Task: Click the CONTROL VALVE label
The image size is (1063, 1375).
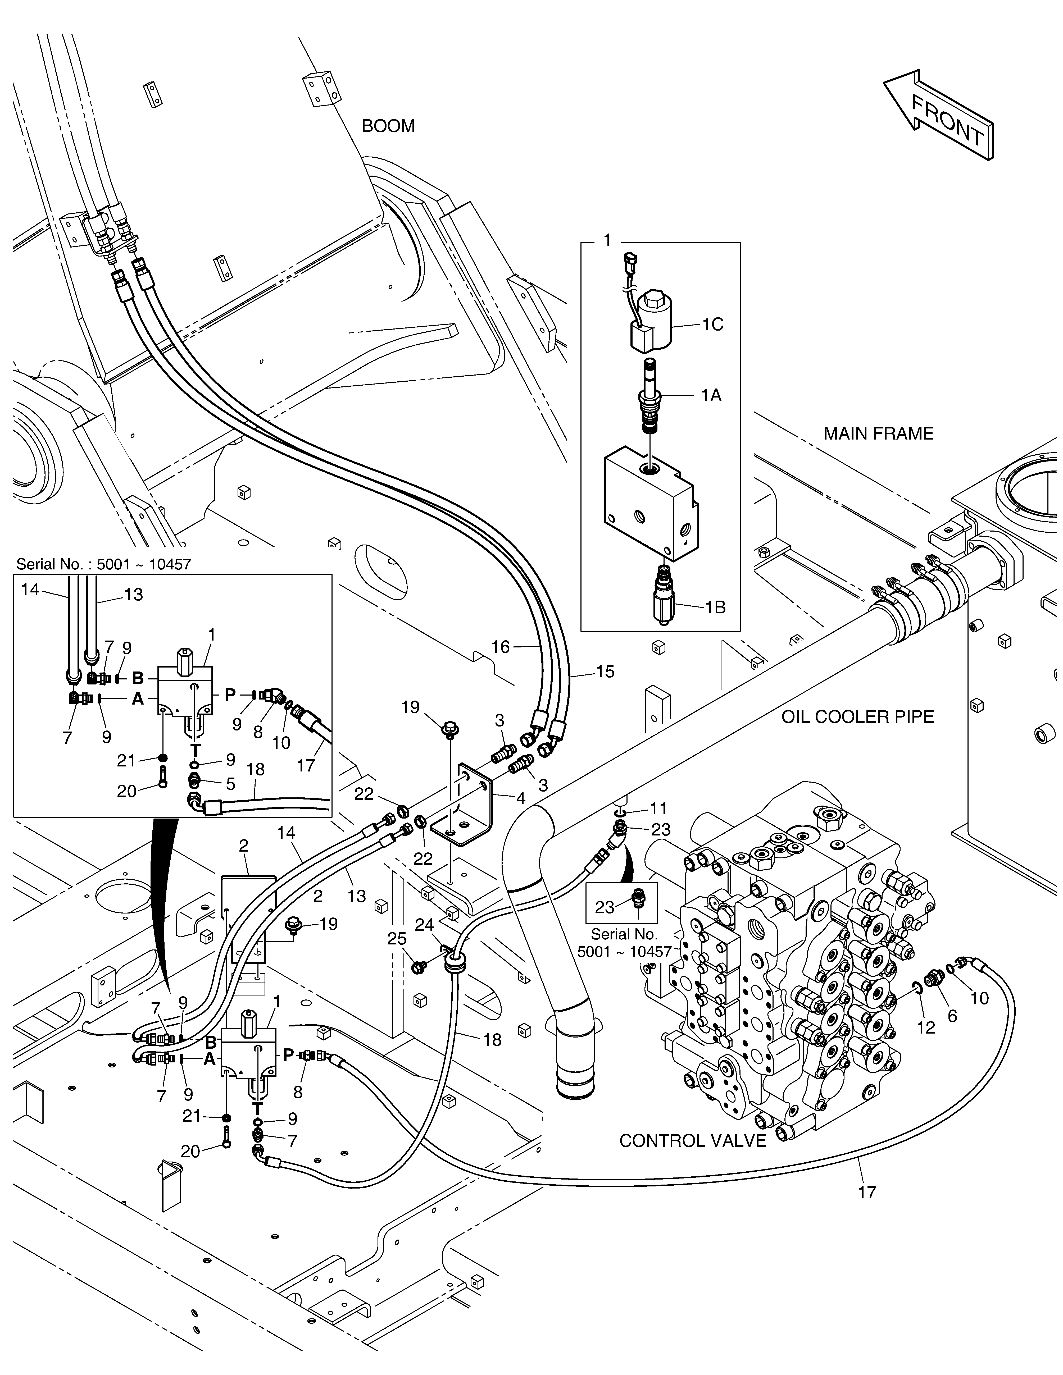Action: [x=693, y=1141]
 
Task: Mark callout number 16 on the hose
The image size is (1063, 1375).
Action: [x=501, y=647]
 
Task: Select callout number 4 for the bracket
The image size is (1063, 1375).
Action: [x=520, y=798]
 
